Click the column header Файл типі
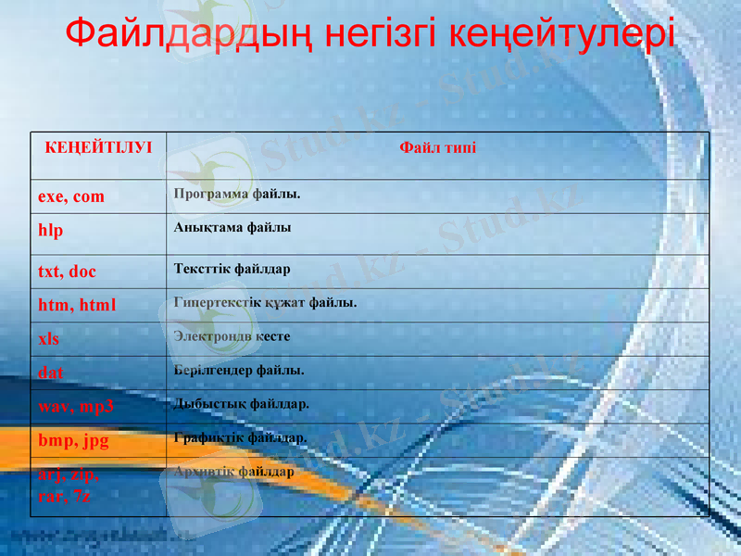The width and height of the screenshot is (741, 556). (438, 147)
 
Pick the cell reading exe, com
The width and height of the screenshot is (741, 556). (71, 196)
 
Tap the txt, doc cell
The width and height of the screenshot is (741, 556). (67, 272)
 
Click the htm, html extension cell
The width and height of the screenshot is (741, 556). (77, 304)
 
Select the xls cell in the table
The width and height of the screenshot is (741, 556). (48, 338)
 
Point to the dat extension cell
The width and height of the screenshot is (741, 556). (51, 373)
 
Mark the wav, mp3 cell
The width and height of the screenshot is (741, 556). (76, 406)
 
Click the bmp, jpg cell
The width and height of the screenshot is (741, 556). (73, 440)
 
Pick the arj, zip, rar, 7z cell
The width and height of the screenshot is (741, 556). (69, 485)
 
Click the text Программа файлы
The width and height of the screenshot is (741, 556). (237, 194)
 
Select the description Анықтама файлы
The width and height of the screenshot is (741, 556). (232, 227)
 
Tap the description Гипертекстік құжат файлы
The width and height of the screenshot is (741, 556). (265, 302)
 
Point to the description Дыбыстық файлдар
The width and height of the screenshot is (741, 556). (241, 403)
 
